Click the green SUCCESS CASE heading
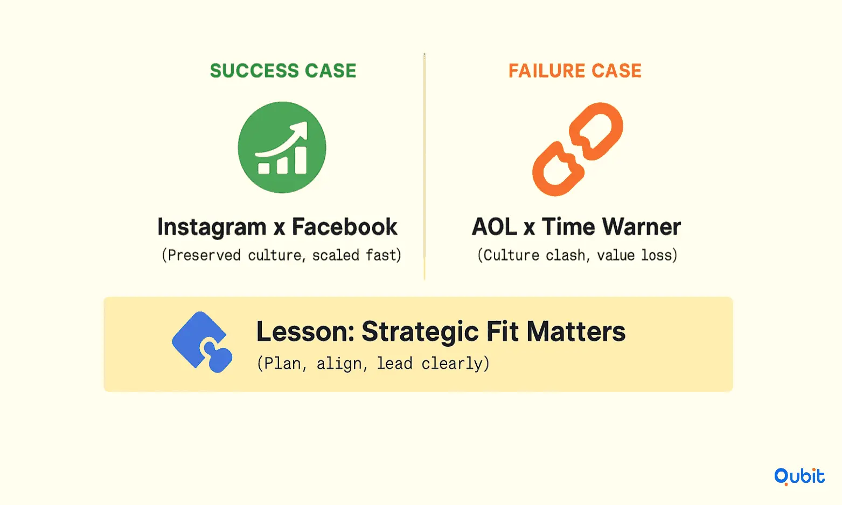(x=283, y=71)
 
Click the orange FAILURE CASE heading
(x=575, y=71)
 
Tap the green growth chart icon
(x=282, y=148)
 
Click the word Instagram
(x=212, y=227)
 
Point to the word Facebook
(x=344, y=227)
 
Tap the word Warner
(x=641, y=227)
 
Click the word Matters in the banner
(x=576, y=332)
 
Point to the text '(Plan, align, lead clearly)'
(x=373, y=363)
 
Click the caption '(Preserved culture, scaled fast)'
(x=282, y=255)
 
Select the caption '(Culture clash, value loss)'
(x=577, y=255)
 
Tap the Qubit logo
(x=799, y=476)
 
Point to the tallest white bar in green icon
(x=301, y=160)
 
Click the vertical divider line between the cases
(x=425, y=166)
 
